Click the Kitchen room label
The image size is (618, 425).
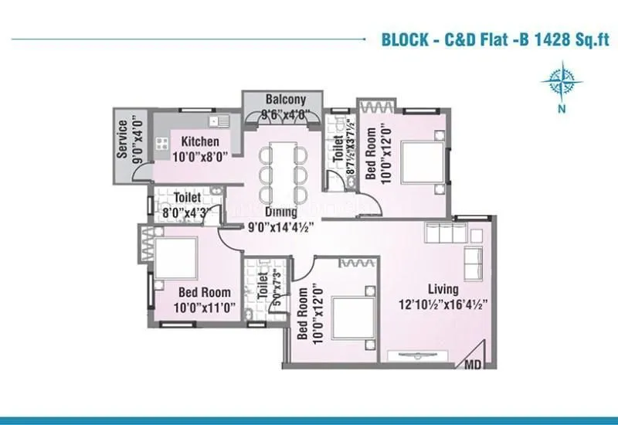coord(200,142)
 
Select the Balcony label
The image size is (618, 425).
coord(286,100)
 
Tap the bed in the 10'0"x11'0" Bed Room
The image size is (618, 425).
coord(175,256)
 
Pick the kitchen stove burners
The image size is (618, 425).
coord(163,141)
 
